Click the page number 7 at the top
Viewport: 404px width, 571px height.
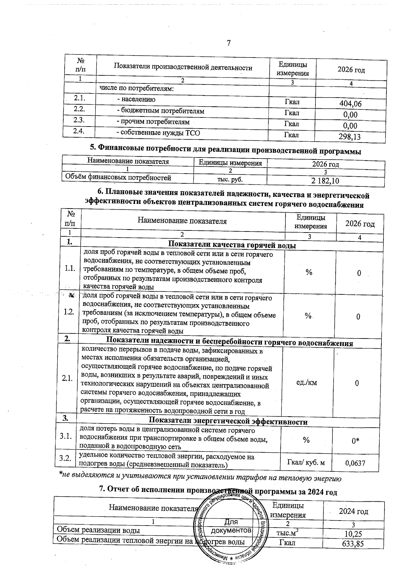(x=229, y=43)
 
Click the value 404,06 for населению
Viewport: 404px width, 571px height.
(x=350, y=104)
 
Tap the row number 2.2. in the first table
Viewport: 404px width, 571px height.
(x=79, y=109)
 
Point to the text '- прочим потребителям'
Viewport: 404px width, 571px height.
(x=153, y=122)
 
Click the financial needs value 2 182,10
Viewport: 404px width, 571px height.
(x=325, y=181)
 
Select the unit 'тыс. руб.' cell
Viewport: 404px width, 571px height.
(x=230, y=179)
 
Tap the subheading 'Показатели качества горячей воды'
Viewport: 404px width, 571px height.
(x=232, y=245)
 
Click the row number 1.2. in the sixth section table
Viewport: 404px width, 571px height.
(x=69, y=312)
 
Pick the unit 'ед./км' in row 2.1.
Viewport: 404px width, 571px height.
(x=306, y=383)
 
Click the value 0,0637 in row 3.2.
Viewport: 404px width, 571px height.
(x=355, y=463)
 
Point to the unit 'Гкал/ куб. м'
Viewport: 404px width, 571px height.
(x=305, y=463)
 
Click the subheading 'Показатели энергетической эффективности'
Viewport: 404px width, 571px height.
(x=228, y=422)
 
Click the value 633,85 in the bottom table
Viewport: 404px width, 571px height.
(x=352, y=543)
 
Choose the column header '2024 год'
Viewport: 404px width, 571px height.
(x=353, y=512)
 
